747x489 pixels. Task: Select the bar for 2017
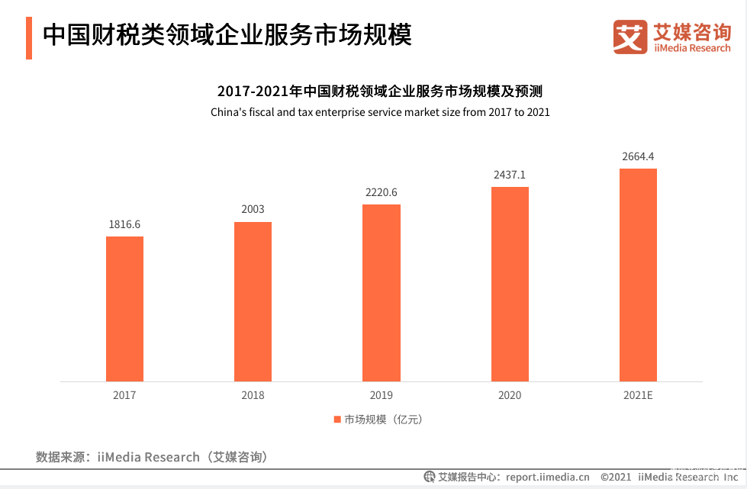click(124, 309)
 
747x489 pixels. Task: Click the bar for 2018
click(253, 301)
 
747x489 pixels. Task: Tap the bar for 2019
click(381, 293)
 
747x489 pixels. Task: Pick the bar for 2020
click(510, 284)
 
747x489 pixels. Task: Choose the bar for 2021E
click(638, 275)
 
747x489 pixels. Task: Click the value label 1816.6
click(124, 224)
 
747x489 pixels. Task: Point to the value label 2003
click(253, 210)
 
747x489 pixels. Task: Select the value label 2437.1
click(510, 175)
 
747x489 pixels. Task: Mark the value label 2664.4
click(638, 156)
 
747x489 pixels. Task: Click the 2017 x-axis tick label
click(124, 395)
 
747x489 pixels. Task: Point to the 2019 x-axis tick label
click(381, 395)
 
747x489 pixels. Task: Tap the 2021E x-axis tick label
click(638, 395)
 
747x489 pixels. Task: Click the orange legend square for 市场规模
click(336, 420)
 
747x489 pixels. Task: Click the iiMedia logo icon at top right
click(630, 36)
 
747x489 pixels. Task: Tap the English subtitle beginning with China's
click(380, 112)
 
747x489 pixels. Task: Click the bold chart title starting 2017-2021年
click(380, 92)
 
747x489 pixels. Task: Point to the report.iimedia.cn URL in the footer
click(547, 478)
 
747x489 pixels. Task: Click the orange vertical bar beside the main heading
click(28, 37)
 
